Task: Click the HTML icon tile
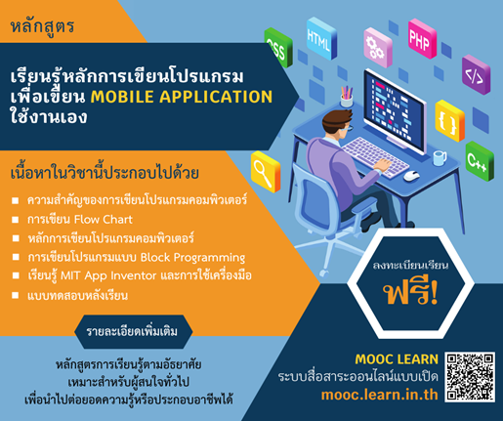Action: (318, 40)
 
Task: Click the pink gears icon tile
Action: (375, 44)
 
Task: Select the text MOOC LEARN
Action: (392, 357)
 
